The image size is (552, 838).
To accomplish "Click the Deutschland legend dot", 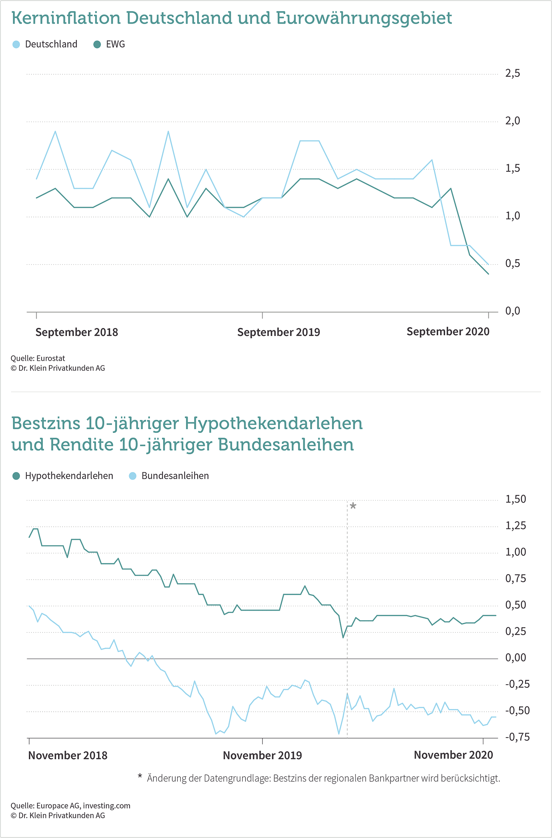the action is click(x=16, y=44).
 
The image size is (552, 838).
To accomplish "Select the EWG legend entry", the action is click(x=109, y=44).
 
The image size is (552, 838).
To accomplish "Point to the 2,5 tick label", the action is click(x=512, y=73).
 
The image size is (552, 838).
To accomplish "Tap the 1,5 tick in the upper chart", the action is click(x=512, y=168).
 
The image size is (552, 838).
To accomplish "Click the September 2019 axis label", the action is click(x=278, y=332).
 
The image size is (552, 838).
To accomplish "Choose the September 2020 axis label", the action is click(x=448, y=332).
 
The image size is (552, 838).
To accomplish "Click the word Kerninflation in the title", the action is click(x=66, y=18).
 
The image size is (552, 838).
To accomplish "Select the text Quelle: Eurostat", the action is click(x=38, y=358).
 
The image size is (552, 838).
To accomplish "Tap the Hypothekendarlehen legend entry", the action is click(x=63, y=476).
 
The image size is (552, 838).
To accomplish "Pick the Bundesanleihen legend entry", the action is click(x=169, y=476).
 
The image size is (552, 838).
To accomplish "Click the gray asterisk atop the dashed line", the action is click(x=353, y=506).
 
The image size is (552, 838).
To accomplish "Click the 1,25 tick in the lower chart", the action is click(x=515, y=525).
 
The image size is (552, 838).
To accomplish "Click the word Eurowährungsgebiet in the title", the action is click(x=364, y=18).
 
